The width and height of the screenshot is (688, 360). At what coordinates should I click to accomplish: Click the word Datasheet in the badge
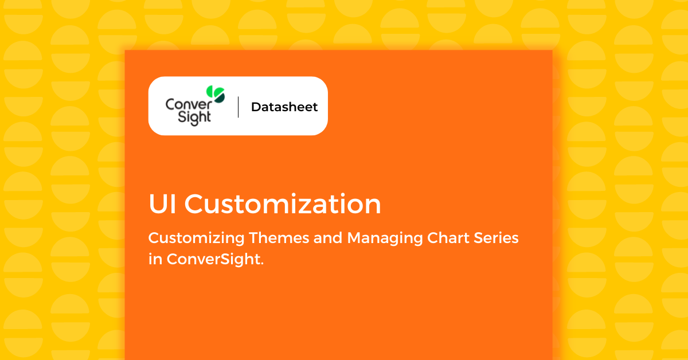click(x=284, y=107)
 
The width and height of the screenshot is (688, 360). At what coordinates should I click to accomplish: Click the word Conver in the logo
click(x=189, y=104)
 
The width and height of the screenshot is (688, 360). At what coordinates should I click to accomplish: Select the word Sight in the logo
click(x=194, y=118)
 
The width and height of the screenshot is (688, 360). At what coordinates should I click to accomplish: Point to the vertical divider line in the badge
click(x=238, y=107)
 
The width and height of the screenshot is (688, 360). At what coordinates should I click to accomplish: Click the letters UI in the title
click(x=162, y=204)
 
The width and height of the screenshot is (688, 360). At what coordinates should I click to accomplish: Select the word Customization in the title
click(x=283, y=204)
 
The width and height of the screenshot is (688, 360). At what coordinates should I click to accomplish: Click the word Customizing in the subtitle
click(x=196, y=238)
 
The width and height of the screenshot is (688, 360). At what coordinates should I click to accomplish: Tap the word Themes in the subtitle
click(x=279, y=238)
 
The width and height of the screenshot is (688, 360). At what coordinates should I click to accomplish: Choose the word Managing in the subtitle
click(x=385, y=238)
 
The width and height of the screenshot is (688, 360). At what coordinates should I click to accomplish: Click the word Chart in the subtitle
click(x=448, y=238)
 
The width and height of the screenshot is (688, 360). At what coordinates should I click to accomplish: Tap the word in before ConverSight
click(x=155, y=259)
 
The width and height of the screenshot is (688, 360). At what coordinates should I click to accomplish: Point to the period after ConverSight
click(x=262, y=264)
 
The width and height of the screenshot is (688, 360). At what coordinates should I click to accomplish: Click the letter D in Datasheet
click(x=256, y=107)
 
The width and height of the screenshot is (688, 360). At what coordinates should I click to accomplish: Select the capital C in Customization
click(x=195, y=204)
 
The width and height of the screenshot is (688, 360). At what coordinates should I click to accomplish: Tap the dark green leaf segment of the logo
click(x=220, y=98)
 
